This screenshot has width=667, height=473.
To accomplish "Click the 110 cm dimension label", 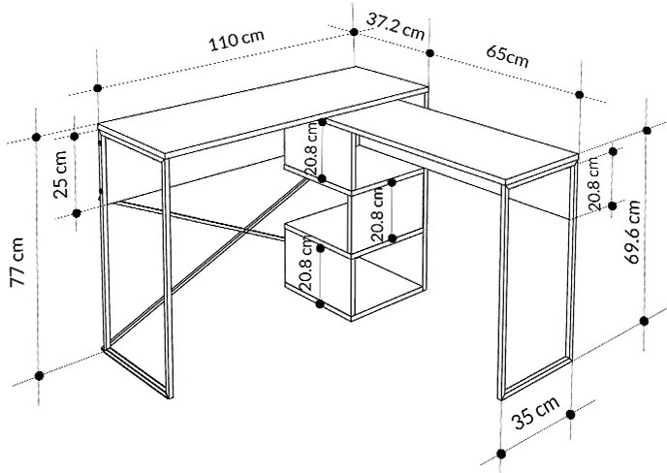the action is click(237, 41).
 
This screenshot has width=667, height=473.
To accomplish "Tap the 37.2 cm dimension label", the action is click(396, 26).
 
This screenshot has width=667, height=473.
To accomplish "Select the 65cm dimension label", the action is click(507, 55).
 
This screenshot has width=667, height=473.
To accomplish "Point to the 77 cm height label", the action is click(17, 262).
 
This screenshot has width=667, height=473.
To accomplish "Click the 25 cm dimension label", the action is click(60, 174).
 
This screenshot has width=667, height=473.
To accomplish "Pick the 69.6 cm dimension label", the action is click(632, 232).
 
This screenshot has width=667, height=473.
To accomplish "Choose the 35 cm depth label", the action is click(535, 414).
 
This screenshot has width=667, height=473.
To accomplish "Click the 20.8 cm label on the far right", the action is click(593, 184).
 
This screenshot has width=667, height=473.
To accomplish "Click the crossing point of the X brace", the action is click(246, 231).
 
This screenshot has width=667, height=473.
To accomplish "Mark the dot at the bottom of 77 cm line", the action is click(39, 376).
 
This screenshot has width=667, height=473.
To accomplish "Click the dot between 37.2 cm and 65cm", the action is click(430, 53).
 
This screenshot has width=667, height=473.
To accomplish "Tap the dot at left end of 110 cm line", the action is click(97, 88).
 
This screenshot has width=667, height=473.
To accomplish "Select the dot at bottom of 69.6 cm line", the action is click(645, 321).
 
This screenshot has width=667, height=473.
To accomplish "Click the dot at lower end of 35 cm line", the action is click(501, 454).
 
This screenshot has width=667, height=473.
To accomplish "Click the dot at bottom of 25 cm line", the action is click(77, 213).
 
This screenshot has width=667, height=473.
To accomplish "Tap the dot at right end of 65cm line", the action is click(580, 95).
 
